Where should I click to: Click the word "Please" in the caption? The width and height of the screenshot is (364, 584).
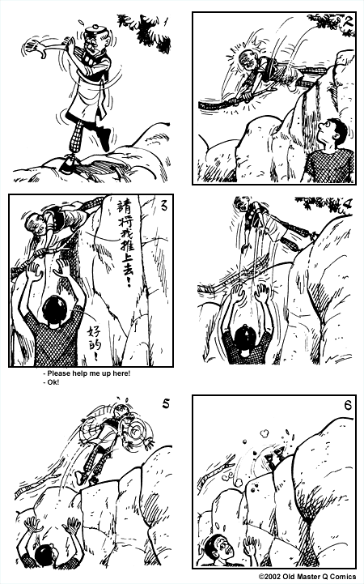click(62, 373)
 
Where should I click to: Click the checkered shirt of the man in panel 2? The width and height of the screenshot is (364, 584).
click(328, 165)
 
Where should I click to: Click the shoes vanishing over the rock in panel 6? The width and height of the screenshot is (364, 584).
click(271, 459)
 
